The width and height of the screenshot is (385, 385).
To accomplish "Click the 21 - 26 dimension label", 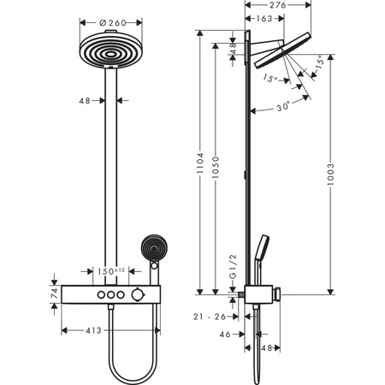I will (209, 317).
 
